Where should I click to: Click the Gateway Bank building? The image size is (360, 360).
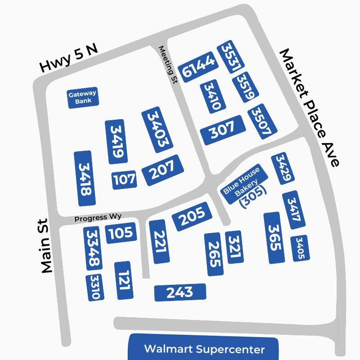tap(82, 98)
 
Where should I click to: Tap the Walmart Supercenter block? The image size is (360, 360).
tap(204, 349)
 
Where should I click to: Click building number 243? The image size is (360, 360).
tap(180, 292)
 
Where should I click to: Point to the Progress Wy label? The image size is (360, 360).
tap(98, 218)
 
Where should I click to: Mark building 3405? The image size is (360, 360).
tap(300, 248)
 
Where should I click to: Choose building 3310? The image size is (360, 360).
tap(95, 288)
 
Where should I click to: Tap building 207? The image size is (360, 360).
tap(163, 170)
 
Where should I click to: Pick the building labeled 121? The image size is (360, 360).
tap(124, 280)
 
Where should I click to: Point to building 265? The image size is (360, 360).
tap(215, 254)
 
